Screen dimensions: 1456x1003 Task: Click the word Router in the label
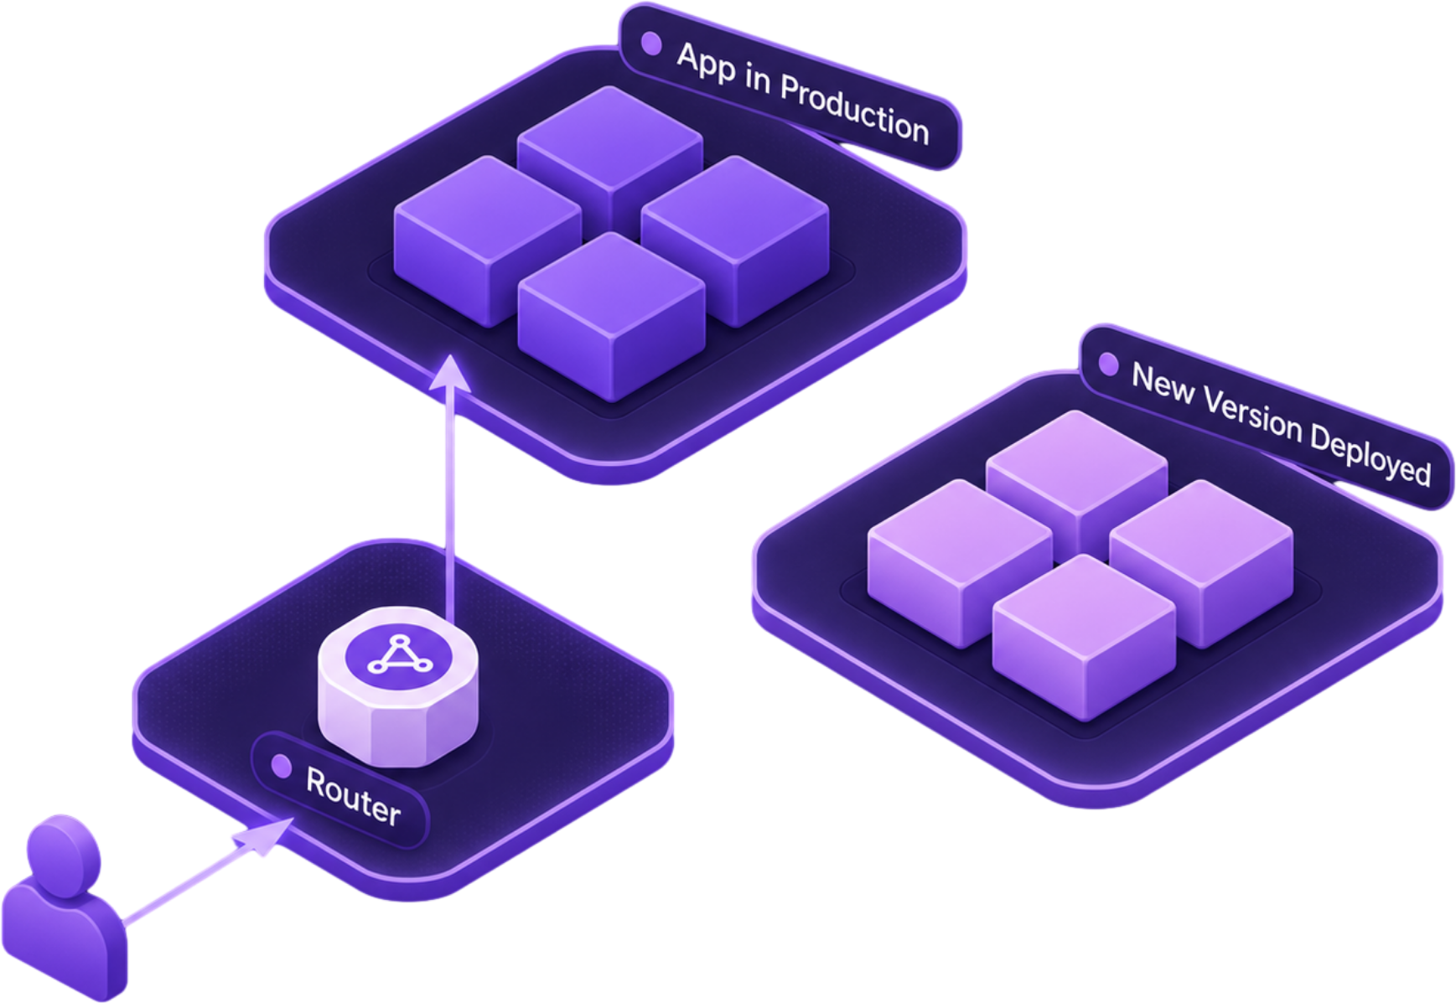click(x=353, y=795)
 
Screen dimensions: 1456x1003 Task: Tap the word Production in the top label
click(x=854, y=110)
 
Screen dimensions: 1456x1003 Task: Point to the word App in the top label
click(x=706, y=64)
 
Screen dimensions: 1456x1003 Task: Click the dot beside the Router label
click(x=282, y=766)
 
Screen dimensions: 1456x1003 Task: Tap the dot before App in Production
click(x=651, y=44)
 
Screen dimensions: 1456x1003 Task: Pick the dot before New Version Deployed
click(x=1109, y=364)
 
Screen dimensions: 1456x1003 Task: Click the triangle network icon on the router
click(x=401, y=654)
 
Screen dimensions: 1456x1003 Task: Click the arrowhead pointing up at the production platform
click(x=450, y=372)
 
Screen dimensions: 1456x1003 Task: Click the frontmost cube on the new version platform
click(x=1084, y=637)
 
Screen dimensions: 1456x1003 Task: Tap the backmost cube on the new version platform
click(x=1077, y=476)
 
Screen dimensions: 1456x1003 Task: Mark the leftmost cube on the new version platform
click(x=960, y=563)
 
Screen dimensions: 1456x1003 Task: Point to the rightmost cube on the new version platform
click(x=1201, y=563)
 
